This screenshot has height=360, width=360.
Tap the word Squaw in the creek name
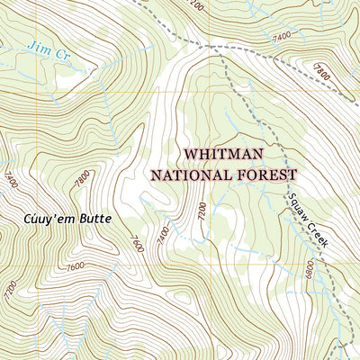pos(299,203)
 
